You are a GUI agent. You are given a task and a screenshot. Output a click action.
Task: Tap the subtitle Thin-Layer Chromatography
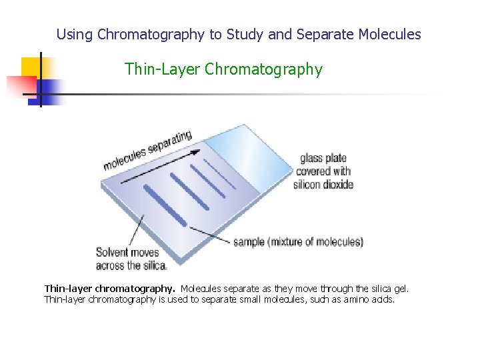coord(223,69)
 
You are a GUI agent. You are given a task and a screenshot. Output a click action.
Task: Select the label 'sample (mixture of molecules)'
coord(298,242)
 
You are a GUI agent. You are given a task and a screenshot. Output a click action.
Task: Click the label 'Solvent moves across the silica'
coord(131,259)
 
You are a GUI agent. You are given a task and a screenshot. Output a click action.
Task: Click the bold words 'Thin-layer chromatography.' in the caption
coord(110,289)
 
